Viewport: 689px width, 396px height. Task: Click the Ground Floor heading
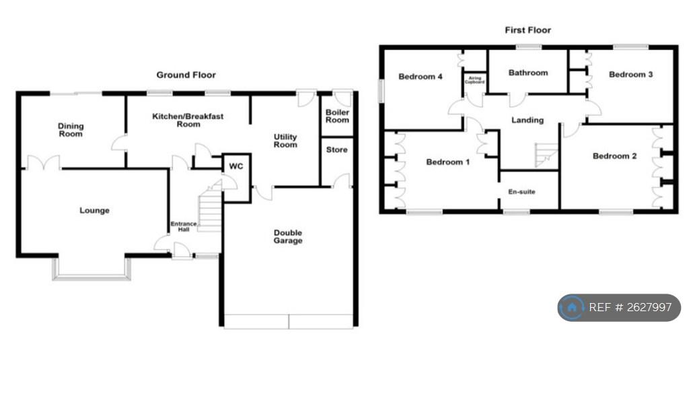[186, 75]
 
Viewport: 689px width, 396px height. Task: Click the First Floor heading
[528, 30]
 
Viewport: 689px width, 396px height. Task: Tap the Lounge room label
[94, 210]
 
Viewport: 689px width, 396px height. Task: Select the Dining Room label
[71, 130]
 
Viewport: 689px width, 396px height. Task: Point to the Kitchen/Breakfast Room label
[188, 120]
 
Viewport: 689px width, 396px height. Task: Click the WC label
[236, 166]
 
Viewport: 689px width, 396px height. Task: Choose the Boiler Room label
[337, 116]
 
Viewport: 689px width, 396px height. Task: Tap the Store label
[337, 150]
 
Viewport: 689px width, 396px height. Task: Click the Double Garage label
[288, 236]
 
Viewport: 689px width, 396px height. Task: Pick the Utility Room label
[285, 141]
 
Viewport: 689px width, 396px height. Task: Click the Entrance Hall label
[184, 226]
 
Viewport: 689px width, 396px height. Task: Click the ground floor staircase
[210, 207]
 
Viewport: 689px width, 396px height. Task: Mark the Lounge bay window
[92, 269]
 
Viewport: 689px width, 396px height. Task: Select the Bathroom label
[528, 73]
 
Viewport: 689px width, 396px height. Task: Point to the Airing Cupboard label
[475, 80]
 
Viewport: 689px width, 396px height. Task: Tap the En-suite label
[521, 192]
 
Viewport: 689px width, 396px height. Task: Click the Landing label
[528, 120]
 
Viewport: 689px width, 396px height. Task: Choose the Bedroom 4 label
[420, 77]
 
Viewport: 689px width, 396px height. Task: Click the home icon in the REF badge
[572, 307]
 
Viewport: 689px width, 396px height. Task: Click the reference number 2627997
[649, 307]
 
